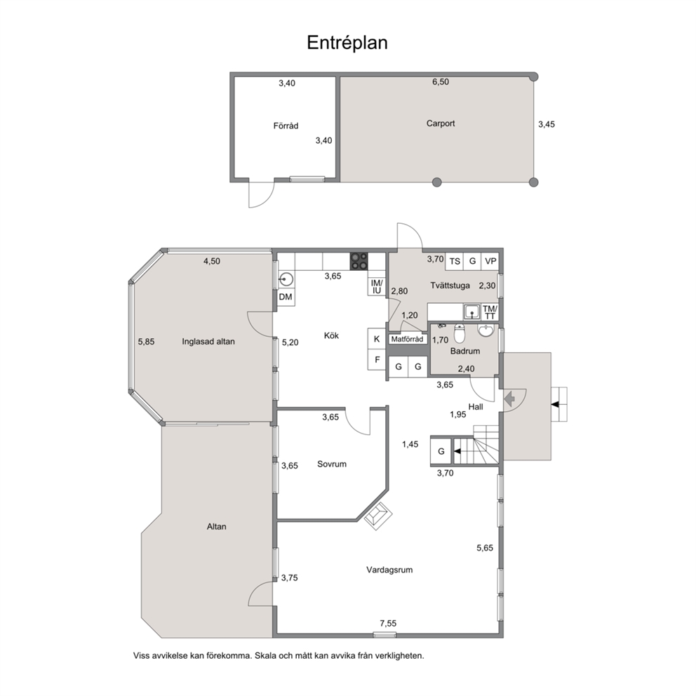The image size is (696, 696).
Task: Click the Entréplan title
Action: pyautogui.click(x=347, y=43)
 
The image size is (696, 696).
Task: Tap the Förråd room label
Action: pyautogui.click(x=286, y=126)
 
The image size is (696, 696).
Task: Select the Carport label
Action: pyautogui.click(x=441, y=123)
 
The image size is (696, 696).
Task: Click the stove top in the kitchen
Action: pyautogui.click(x=359, y=261)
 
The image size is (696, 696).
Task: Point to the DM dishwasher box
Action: pyautogui.click(x=286, y=297)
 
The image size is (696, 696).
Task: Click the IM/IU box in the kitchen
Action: pyautogui.click(x=376, y=287)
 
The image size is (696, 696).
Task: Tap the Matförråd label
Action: pyautogui.click(x=407, y=339)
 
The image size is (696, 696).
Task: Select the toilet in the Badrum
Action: pyautogui.click(x=460, y=333)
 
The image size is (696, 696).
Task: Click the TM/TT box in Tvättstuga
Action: pyautogui.click(x=490, y=312)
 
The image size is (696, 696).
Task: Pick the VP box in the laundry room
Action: pyautogui.click(x=490, y=261)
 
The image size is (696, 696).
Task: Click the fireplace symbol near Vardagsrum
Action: pyautogui.click(x=378, y=516)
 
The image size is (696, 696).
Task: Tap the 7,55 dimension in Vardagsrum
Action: pyautogui.click(x=388, y=623)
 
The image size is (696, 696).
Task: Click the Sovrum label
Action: pyautogui.click(x=332, y=464)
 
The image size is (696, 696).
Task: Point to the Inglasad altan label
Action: pyautogui.click(x=208, y=342)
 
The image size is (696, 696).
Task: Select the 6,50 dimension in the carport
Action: pyautogui.click(x=441, y=81)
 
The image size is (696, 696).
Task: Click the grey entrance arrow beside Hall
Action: pyautogui.click(x=509, y=399)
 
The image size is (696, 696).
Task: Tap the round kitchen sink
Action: pyautogui.click(x=285, y=279)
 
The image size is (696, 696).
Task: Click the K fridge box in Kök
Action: pyautogui.click(x=376, y=339)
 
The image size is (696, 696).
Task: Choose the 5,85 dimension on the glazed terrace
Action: pyautogui.click(x=146, y=342)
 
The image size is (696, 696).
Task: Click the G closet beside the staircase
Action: pyautogui.click(x=441, y=451)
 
